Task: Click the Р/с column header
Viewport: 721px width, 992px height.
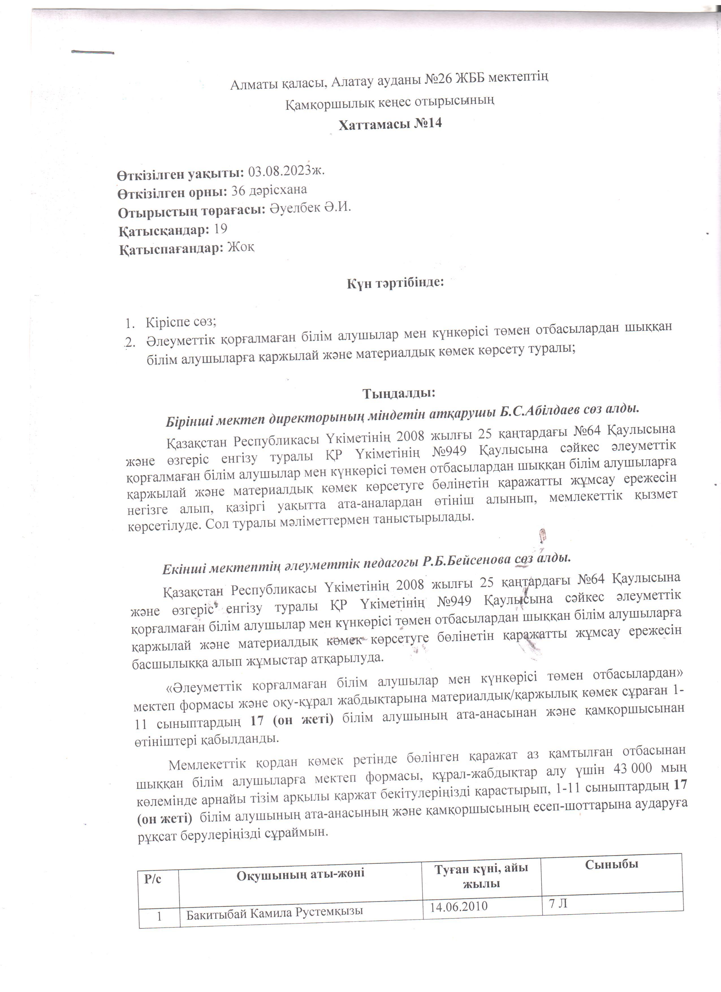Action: click(x=153, y=879)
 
